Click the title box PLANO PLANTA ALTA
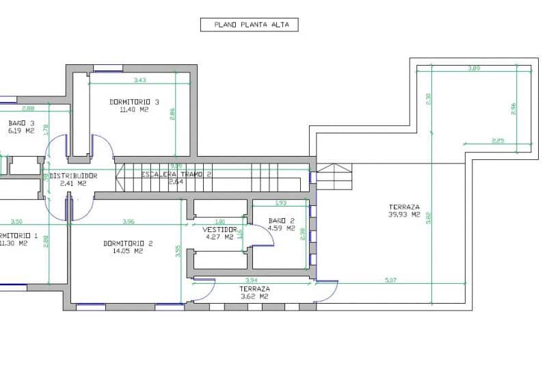(x=250, y=25)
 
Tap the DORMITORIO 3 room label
(x=134, y=102)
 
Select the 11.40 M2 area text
(x=134, y=109)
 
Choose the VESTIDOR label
(x=219, y=229)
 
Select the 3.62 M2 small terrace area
(x=254, y=297)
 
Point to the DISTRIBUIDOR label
(x=72, y=176)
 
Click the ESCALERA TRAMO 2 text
(x=176, y=174)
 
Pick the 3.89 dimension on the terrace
(x=474, y=68)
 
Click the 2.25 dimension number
(x=498, y=141)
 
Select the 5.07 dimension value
(x=390, y=279)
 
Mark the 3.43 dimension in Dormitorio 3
(x=140, y=80)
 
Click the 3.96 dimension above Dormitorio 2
(x=128, y=221)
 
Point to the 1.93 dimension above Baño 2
(x=280, y=202)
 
